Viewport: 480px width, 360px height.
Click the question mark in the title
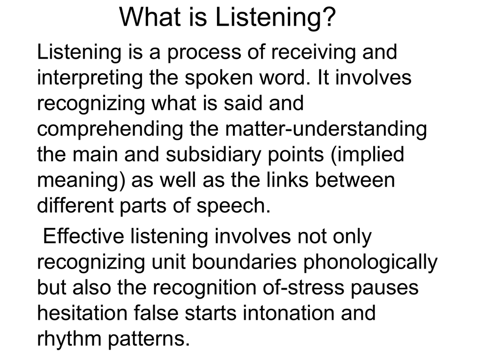[327, 17]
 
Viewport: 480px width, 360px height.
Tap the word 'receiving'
[313, 52]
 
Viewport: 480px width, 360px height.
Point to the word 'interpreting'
[90, 78]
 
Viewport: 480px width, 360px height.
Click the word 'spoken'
[219, 78]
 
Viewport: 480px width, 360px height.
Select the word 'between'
[355, 180]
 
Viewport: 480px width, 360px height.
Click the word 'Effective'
[83, 236]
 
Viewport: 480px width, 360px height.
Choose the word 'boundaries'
[244, 262]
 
